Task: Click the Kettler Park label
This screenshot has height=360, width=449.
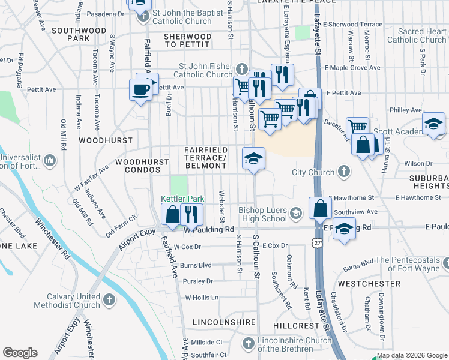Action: pos(183,199)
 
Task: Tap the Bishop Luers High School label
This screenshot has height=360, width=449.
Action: pos(262,214)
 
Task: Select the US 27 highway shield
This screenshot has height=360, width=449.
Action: pos(315,240)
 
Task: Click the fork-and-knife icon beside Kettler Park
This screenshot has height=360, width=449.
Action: pos(191,214)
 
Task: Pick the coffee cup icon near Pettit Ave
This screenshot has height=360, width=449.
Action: pos(141,90)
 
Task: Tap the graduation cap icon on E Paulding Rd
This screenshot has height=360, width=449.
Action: pos(343,229)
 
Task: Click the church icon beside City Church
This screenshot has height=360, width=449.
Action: pos(344,172)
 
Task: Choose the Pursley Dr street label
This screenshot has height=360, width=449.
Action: pos(198,281)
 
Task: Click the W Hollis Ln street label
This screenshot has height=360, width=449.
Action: pos(202,297)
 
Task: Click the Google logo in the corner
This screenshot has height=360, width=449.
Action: pos(20,353)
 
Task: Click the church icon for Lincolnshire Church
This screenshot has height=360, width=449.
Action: pos(249,343)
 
